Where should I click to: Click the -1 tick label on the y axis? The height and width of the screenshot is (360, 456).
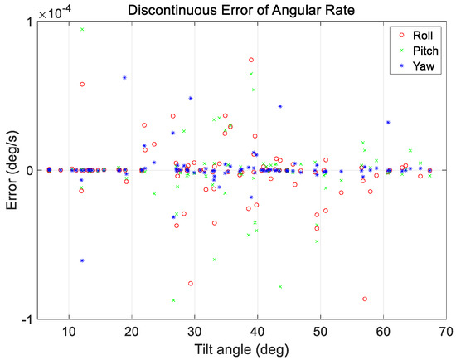pos(34,319)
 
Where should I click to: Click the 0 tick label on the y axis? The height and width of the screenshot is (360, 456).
pos(37,170)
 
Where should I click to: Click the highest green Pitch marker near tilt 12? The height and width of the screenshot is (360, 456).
pos(82,29)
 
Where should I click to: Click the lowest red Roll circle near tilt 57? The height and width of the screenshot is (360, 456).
pos(365,299)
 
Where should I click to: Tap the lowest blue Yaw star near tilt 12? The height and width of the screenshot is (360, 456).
pos(82,260)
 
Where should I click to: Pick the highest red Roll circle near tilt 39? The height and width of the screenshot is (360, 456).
pos(251,60)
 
